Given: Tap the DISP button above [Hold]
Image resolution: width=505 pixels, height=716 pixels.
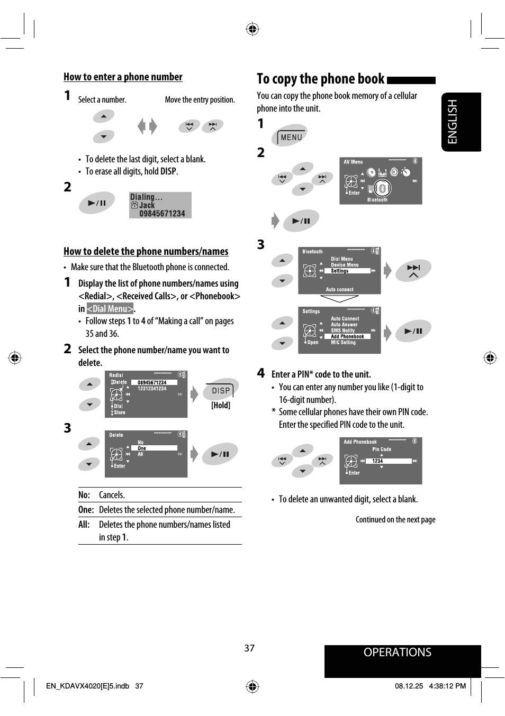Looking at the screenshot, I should [221, 391].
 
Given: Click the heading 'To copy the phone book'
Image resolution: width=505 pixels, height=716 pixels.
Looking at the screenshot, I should [320, 79].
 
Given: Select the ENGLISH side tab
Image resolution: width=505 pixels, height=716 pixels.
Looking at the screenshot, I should [453, 122].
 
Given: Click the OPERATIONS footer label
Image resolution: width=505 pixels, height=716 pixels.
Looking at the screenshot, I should [397, 653].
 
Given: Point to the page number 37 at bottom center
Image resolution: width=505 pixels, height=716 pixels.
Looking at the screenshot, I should [249, 648].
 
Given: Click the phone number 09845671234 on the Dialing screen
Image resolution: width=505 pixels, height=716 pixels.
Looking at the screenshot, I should [162, 214].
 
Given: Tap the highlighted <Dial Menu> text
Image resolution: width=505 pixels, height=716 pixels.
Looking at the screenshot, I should [110, 309].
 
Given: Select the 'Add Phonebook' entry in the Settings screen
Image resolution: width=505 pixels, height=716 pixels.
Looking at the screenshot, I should [348, 336].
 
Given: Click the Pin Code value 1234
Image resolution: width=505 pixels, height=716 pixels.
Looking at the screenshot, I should [377, 461].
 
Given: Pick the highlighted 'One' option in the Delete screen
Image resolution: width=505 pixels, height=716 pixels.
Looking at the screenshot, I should [142, 448].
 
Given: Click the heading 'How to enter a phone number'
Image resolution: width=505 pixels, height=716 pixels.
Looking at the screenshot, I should [123, 77].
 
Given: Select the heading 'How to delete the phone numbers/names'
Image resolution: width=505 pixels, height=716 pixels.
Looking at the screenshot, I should [146, 252].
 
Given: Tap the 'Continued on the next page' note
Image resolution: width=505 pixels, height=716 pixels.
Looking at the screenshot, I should [395, 520].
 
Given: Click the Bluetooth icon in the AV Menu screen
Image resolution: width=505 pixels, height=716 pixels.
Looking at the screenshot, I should [382, 188].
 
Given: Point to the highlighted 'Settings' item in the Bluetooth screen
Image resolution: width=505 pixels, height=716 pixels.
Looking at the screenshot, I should [340, 271].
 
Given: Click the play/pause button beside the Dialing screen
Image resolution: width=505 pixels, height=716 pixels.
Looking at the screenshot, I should [97, 203].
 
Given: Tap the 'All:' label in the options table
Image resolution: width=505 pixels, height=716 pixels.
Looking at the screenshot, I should [84, 525].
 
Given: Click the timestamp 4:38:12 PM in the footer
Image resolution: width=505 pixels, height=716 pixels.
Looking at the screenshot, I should [447, 686].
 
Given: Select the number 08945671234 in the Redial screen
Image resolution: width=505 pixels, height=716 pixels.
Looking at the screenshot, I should [152, 382].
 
